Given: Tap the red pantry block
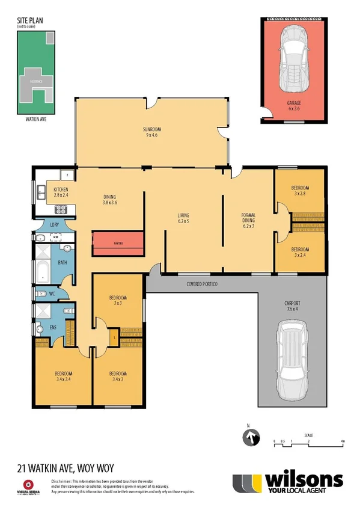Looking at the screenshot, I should (118, 243).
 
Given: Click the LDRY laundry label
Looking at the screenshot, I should (53, 227).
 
